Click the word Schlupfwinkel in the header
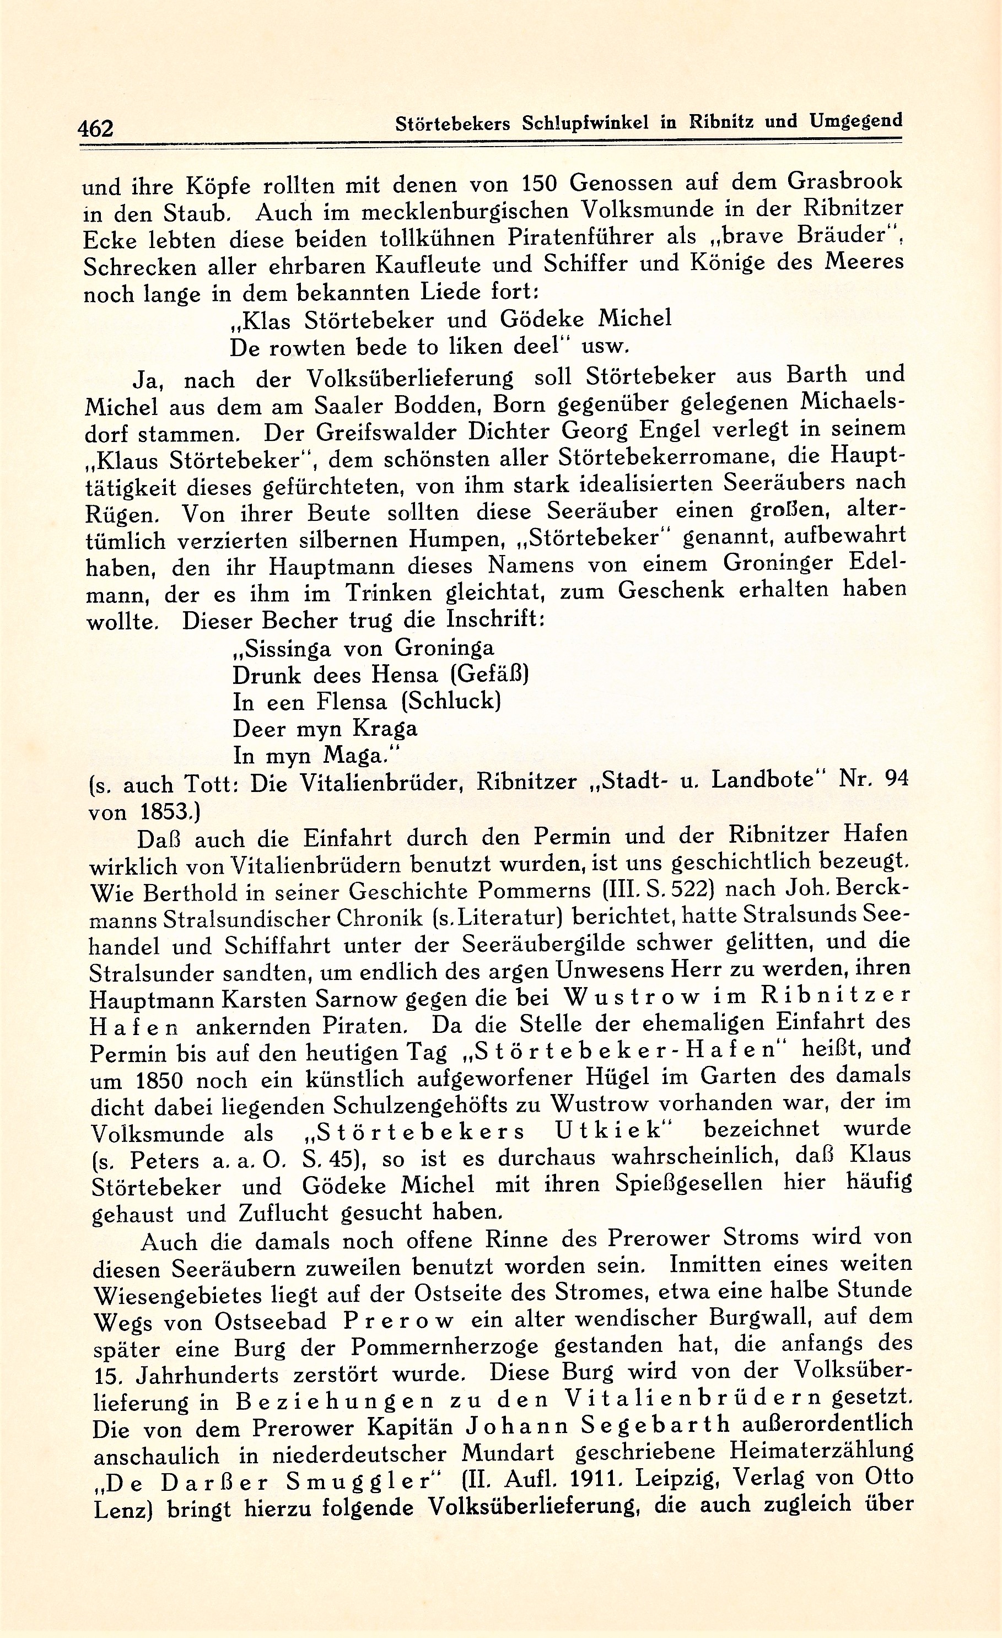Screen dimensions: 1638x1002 click(580, 123)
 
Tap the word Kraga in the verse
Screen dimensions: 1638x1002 click(384, 729)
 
